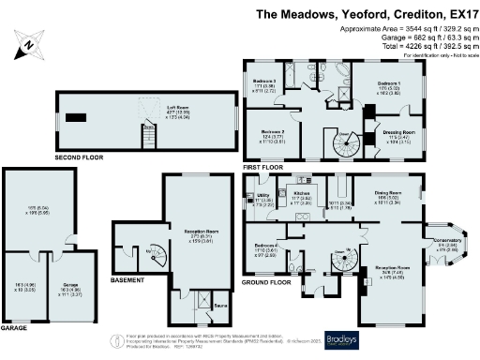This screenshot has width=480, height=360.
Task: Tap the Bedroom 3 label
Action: pyautogui.click(x=263, y=82)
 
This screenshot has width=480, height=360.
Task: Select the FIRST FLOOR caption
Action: pyautogui.click(x=262, y=166)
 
